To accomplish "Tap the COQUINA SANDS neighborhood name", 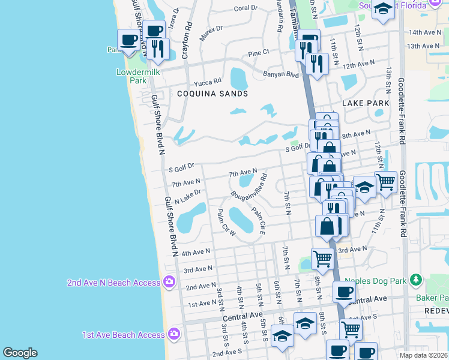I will point(212,94).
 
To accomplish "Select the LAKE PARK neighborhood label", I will point(366,104).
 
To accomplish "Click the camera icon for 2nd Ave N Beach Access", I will point(169,281).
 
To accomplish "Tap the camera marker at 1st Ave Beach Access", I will point(173,333).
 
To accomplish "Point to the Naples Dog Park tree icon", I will point(415,279).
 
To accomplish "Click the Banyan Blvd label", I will point(280,75).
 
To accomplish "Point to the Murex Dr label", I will point(211,33).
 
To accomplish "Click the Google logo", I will point(20,353).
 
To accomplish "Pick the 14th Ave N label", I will point(424,32).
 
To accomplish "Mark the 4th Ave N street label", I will point(196,252).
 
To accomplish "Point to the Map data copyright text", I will point(423,355).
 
